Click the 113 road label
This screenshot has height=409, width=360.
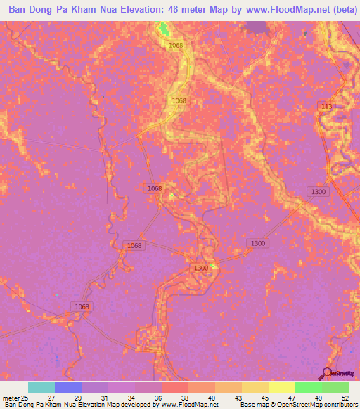click(x=326, y=106)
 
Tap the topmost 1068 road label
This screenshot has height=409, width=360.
click(x=176, y=46)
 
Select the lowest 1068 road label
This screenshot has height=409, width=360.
click(x=82, y=306)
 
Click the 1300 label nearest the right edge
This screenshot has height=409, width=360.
click(x=319, y=192)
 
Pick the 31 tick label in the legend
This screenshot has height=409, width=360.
click(x=104, y=397)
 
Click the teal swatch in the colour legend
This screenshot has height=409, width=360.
click(x=41, y=387)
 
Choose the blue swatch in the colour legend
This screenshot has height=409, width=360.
click(x=68, y=387)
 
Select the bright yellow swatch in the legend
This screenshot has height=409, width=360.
click(x=282, y=387)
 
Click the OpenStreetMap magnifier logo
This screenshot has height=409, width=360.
click(x=326, y=372)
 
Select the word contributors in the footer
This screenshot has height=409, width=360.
click(x=340, y=405)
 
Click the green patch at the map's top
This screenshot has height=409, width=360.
click(x=164, y=28)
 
